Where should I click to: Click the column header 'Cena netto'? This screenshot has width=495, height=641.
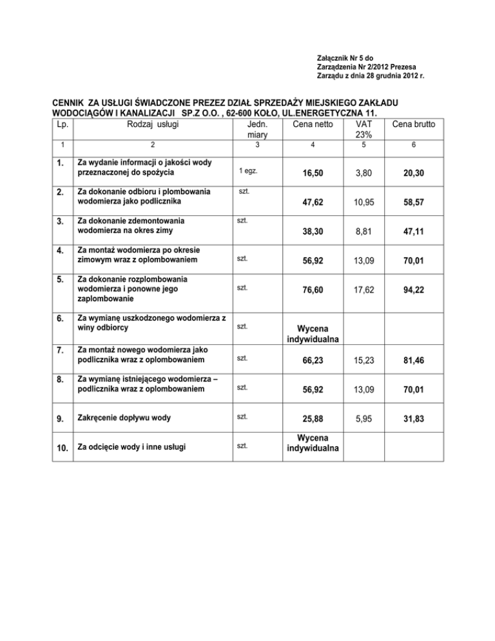[313, 124]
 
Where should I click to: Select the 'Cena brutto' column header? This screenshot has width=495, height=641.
[412, 124]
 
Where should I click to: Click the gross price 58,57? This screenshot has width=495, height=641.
[412, 202]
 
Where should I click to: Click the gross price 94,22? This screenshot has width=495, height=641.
[412, 290]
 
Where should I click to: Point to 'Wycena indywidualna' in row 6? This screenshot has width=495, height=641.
[313, 333]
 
